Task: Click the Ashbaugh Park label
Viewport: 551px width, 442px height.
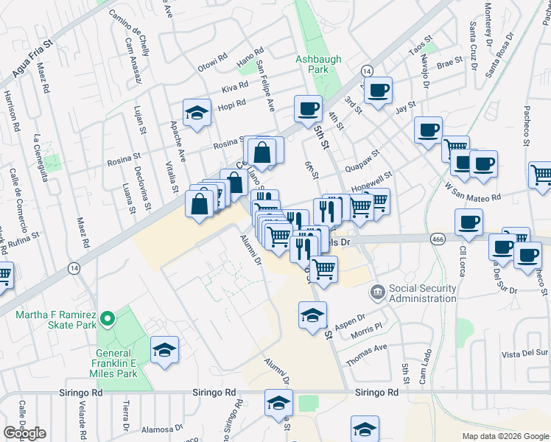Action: pos(312,63)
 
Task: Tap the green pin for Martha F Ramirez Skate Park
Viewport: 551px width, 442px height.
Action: pos(108,319)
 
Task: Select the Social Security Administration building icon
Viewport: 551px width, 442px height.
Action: pos(377,292)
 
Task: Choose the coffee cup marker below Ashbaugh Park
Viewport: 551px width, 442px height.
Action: pos(308,108)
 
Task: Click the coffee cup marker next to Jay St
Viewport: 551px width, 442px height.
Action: pos(379,91)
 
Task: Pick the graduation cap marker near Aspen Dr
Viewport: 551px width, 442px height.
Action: pos(312,315)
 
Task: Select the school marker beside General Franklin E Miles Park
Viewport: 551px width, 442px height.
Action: pos(164,349)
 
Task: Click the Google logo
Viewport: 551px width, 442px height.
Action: pos(24,433)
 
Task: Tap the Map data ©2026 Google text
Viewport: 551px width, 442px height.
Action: pos(505,436)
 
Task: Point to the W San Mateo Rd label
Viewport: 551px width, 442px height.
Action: pos(474,191)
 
